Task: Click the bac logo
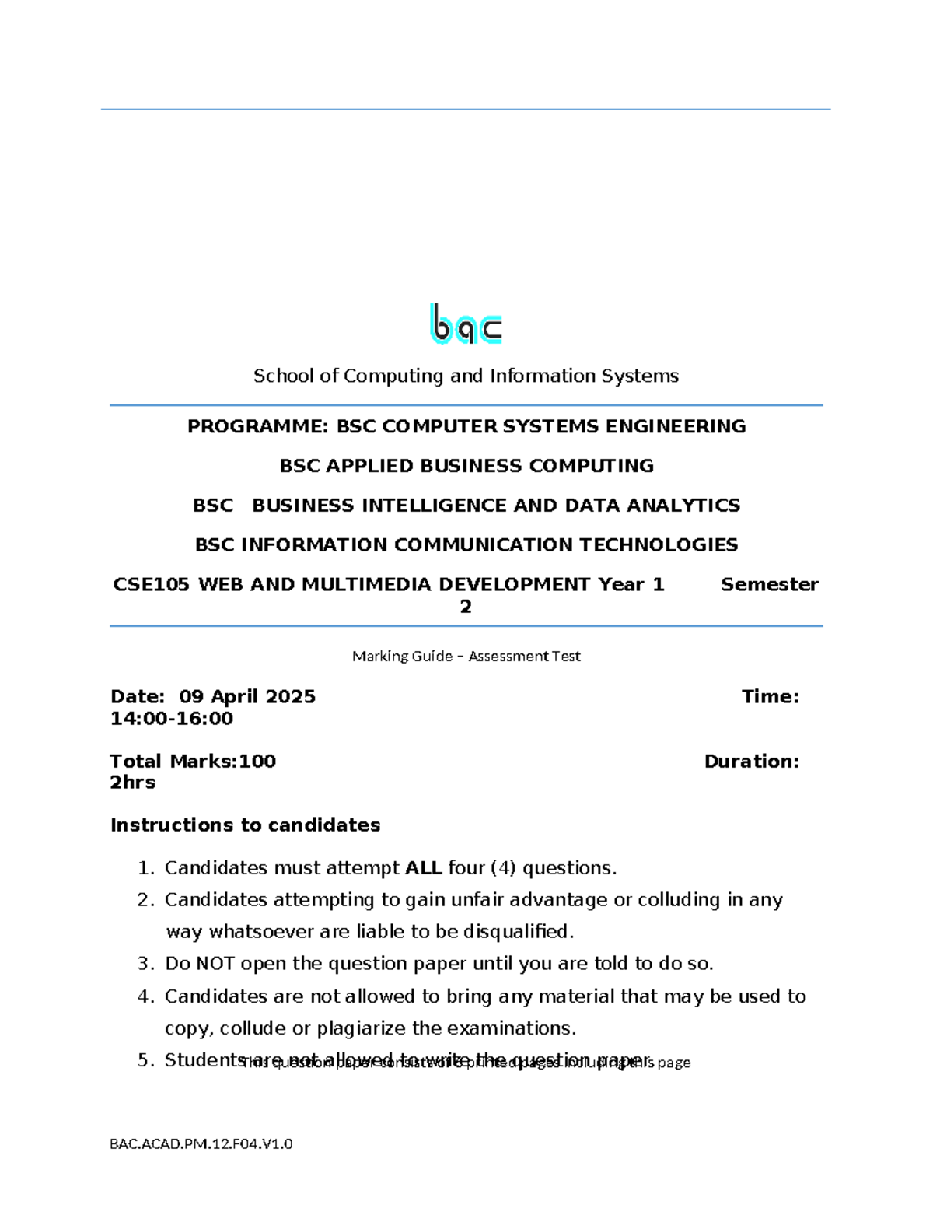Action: [x=466, y=324]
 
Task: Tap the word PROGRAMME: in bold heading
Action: [x=258, y=426]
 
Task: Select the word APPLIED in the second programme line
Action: [x=369, y=466]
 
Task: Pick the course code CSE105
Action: [x=152, y=585]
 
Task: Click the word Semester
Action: [x=769, y=585]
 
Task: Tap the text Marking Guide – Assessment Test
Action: [x=466, y=657]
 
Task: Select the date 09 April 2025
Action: [x=247, y=697]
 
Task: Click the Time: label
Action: [x=770, y=697]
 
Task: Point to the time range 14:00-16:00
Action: [x=172, y=719]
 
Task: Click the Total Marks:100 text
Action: [x=193, y=762]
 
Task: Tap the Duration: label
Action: [x=751, y=762]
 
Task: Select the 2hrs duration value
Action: [x=133, y=783]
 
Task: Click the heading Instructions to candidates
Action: [x=245, y=825]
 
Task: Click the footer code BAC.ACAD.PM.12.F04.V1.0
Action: [x=201, y=1143]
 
